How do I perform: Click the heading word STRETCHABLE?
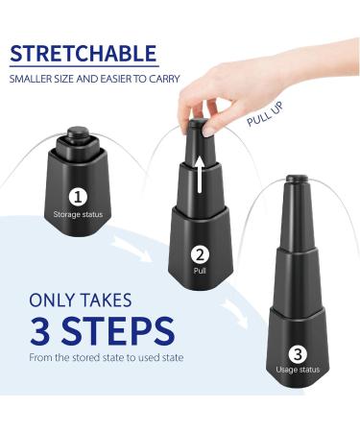pos(84,54)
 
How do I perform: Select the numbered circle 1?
pos(78,197)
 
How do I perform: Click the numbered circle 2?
pos(200,255)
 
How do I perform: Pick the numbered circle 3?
pos(298,354)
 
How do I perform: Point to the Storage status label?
pos(78,214)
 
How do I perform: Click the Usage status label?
pos(298,370)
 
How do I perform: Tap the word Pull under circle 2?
pos(200,271)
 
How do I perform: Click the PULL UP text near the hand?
pos(265,113)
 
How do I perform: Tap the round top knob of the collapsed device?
pos(78,133)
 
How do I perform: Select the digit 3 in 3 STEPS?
pos(40,330)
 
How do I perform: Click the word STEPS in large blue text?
pos(118,330)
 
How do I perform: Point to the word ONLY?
pos(52,300)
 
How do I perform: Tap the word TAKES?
pos(106,300)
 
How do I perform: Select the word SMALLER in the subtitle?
pos(29,79)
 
